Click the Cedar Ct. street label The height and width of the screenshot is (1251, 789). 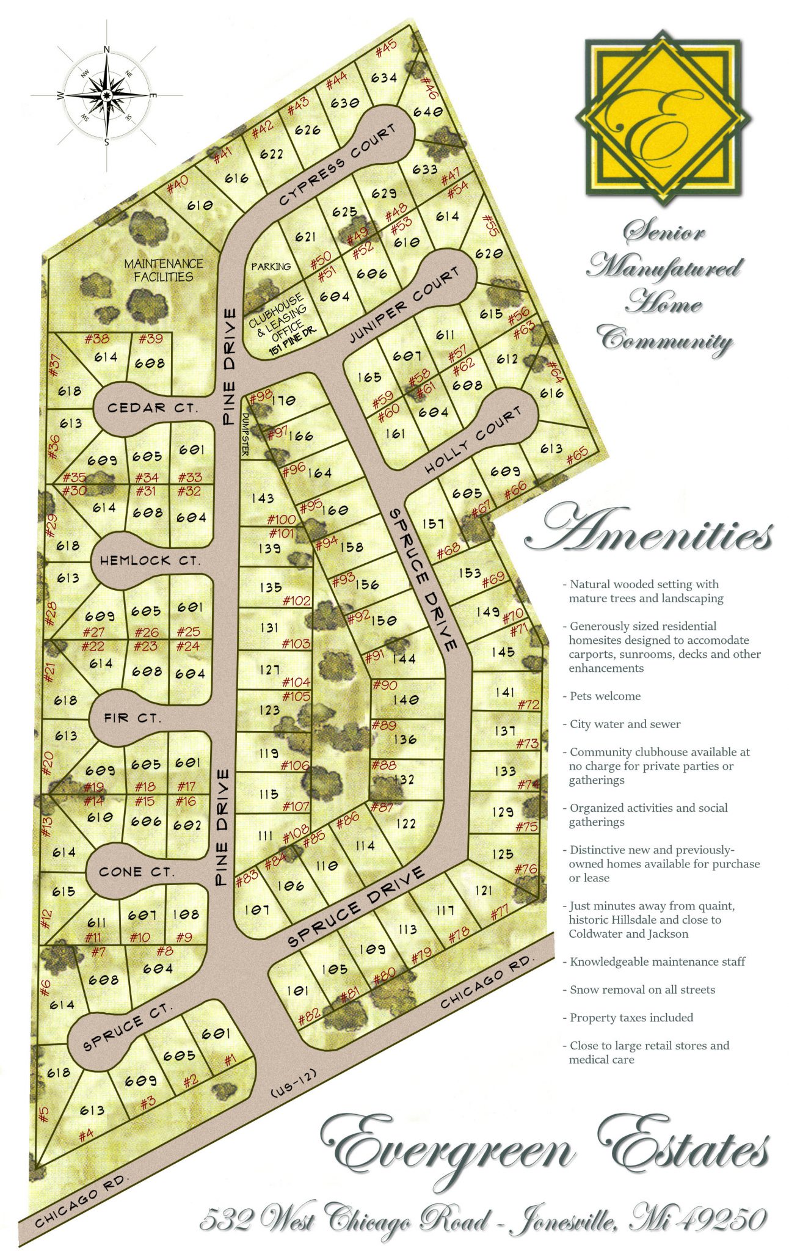[152, 407]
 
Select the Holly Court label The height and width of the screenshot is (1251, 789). [473, 440]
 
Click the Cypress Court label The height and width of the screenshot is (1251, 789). [337, 166]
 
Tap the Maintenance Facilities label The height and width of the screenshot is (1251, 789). [164, 270]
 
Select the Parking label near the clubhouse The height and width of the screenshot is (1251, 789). [271, 266]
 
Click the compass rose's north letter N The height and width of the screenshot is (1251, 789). [107, 49]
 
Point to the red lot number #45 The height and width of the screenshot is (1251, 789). [386, 48]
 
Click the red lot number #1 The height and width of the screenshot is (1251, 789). [229, 1061]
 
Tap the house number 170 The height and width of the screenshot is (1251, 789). [283, 401]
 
